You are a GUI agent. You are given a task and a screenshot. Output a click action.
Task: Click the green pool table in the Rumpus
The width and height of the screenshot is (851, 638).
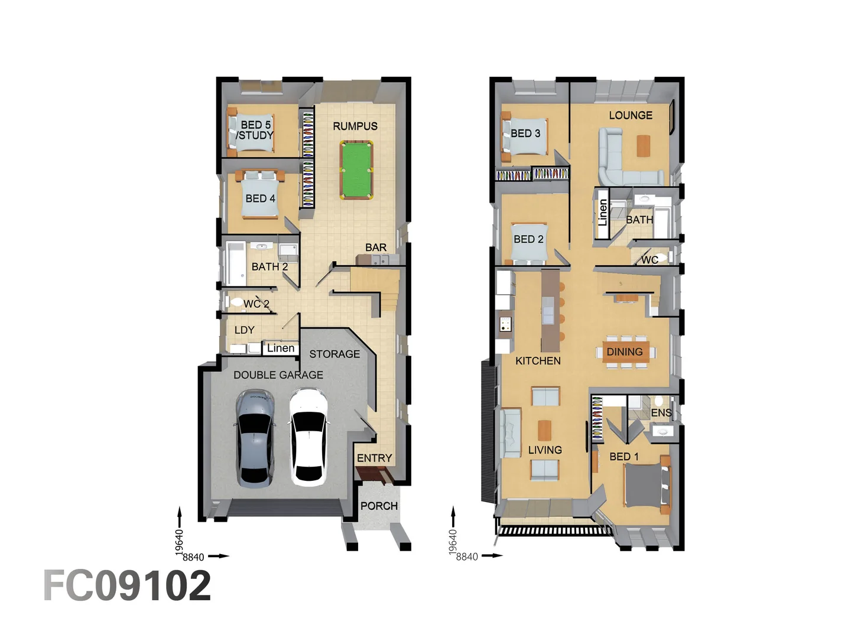point(356,170)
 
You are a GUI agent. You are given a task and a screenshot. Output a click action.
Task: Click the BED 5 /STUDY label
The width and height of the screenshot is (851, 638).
point(255,130)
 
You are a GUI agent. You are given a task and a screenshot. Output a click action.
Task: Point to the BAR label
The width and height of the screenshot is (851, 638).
point(376,248)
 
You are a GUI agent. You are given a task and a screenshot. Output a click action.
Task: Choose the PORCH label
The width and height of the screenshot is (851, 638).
point(379,506)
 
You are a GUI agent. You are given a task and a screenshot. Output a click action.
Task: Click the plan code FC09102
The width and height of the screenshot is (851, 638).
point(127,586)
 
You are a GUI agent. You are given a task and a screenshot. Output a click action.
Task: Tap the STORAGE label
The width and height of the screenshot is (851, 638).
point(334,354)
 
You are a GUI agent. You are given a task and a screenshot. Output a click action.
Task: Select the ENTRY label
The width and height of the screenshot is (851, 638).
point(374,458)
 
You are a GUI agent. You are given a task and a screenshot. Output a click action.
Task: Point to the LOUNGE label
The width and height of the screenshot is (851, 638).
point(631,115)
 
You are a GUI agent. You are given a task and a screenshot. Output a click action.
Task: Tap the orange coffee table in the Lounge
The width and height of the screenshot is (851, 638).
point(643,145)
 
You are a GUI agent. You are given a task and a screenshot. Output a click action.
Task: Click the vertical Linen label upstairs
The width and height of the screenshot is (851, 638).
point(602,213)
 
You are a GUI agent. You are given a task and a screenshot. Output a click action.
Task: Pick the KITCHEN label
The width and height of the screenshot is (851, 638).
point(538,360)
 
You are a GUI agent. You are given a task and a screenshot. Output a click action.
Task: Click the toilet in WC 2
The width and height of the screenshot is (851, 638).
point(237,302)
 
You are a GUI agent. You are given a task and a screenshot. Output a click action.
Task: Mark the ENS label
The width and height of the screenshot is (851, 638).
point(661,412)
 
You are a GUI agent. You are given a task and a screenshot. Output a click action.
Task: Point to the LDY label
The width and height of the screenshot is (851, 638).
point(244,330)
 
